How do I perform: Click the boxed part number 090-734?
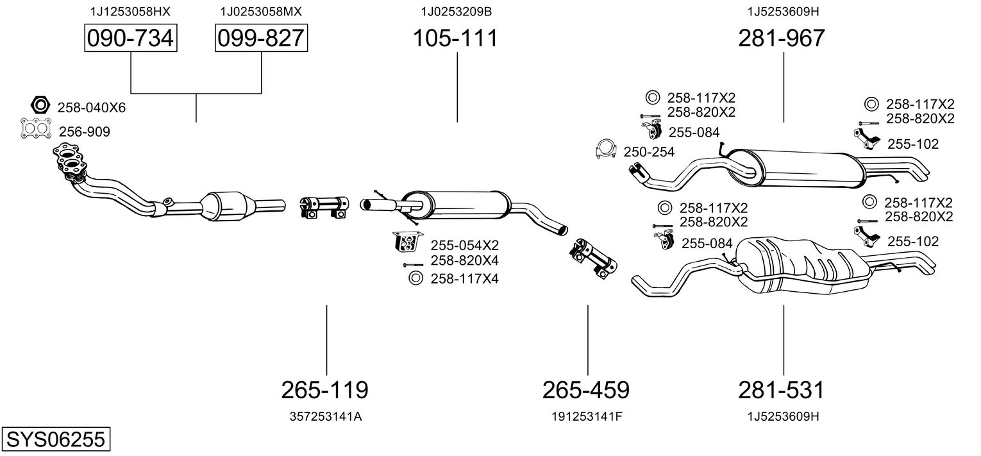tap(131, 38)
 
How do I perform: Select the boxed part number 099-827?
tap(261, 38)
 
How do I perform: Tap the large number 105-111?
tap(455, 38)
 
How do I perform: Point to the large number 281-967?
tap(782, 38)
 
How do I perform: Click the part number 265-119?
tap(325, 389)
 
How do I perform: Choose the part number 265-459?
tap(586, 389)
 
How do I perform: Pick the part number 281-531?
tap(782, 389)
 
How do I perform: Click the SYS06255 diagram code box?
tap(55, 439)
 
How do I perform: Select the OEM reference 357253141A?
tap(326, 416)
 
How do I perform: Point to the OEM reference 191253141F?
tap(587, 416)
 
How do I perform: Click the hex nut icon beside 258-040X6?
tap(40, 105)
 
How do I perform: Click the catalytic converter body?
tap(228, 205)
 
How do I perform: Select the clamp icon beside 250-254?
tap(605, 149)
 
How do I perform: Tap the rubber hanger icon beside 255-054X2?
tap(407, 242)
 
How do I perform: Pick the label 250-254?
tap(649, 151)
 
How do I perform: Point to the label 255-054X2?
tap(464, 245)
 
